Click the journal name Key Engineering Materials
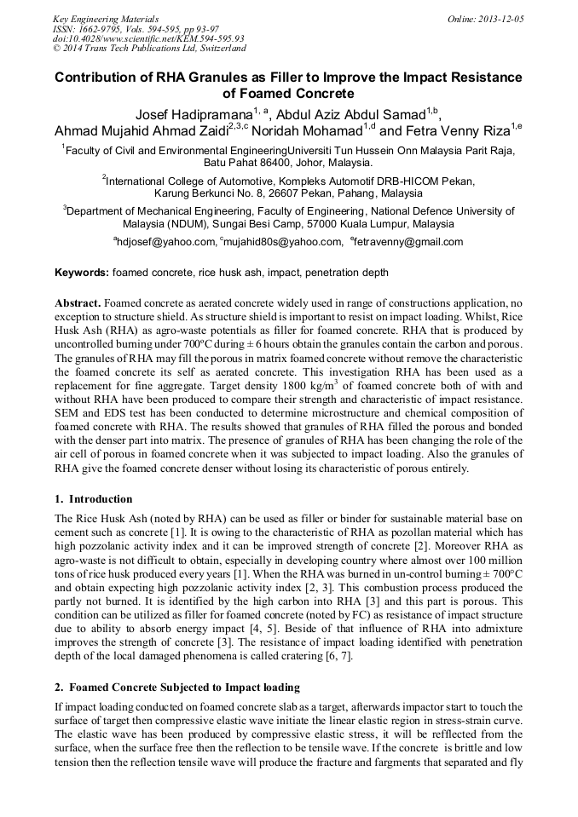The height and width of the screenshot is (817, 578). tap(106, 18)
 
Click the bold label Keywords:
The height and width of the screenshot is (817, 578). tap(82, 273)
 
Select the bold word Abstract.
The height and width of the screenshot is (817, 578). tap(78, 303)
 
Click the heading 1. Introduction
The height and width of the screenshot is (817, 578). tap(94, 499)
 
